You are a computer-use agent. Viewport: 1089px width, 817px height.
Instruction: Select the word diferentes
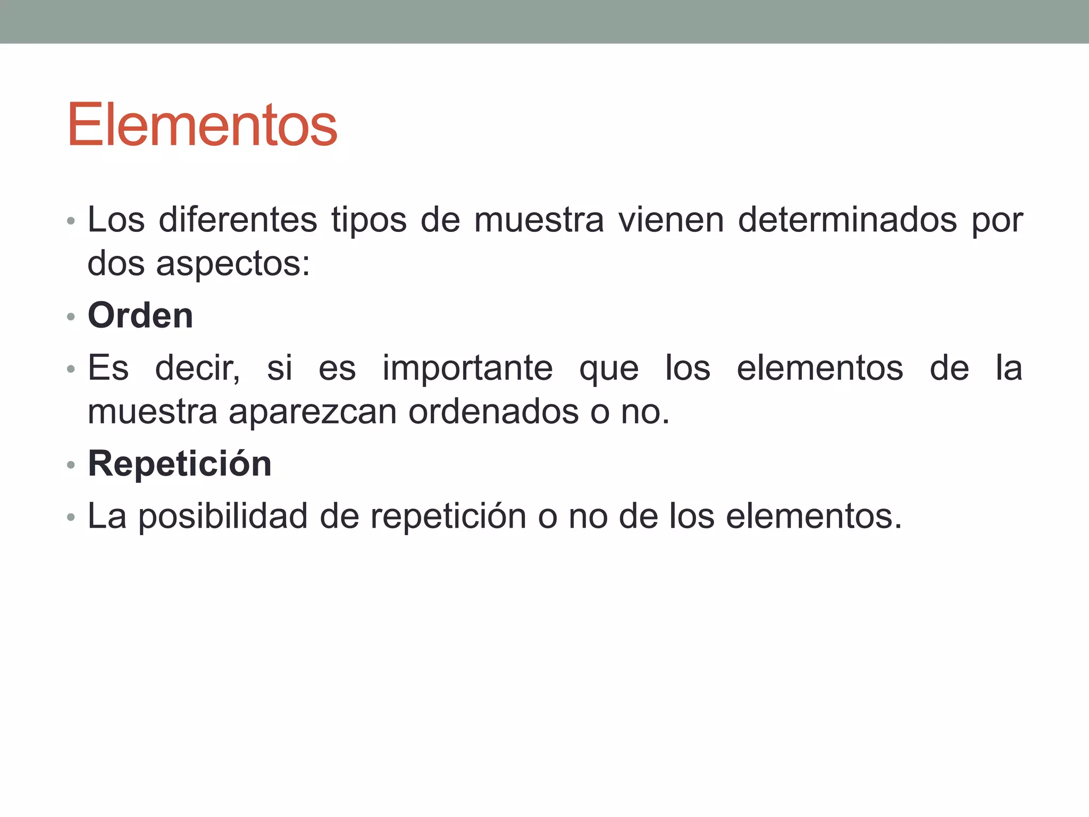tap(238, 219)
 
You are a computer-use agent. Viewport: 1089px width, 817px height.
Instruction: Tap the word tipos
tap(369, 220)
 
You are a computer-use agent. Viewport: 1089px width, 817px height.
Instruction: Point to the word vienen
tap(671, 219)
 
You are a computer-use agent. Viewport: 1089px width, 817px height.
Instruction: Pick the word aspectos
tap(232, 264)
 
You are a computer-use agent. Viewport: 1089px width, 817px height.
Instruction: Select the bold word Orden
tap(140, 315)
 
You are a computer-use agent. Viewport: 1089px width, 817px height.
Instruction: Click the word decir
tap(197, 368)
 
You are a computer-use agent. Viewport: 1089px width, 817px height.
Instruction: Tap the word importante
tap(467, 368)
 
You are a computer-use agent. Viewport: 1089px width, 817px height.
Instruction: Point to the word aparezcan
tap(313, 412)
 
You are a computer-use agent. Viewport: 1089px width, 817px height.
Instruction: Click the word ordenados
tap(493, 412)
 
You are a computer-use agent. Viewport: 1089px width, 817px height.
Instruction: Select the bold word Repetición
tap(180, 464)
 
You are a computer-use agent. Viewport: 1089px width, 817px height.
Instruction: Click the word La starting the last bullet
tap(107, 516)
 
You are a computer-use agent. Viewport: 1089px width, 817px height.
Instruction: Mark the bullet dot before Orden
tap(71, 317)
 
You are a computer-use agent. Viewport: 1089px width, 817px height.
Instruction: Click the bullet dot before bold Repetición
tap(71, 465)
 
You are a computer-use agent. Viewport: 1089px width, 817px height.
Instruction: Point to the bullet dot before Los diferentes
tap(71, 221)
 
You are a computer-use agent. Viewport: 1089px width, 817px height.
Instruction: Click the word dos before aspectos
tap(116, 263)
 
